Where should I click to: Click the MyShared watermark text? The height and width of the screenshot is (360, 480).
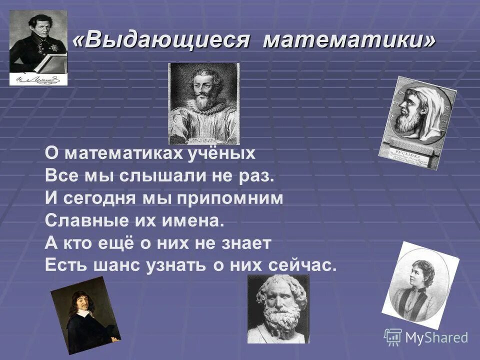(x=436, y=337)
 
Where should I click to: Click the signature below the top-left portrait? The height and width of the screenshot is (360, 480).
(x=37, y=78)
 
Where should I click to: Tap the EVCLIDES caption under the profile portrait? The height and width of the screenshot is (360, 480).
(x=407, y=151)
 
